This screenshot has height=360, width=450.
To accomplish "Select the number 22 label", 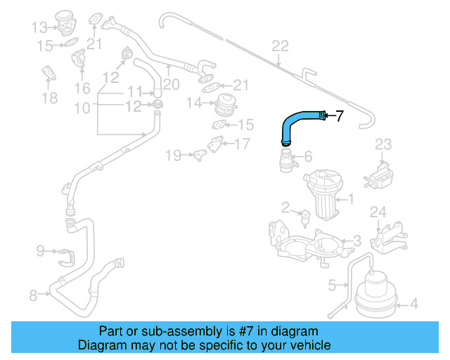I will coord(280,46).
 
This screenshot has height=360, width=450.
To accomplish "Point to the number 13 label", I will coord(39,27).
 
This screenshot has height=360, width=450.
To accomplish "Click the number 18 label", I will coord(49,98).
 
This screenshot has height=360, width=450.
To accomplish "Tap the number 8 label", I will coord(32,295).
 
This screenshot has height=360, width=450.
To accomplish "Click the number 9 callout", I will coord(40,250).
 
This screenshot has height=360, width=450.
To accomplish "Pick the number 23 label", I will coord(382,145).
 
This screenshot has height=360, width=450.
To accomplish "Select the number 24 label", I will coord(378,212).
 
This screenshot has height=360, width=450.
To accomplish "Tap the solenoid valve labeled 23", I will coord(381,172).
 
